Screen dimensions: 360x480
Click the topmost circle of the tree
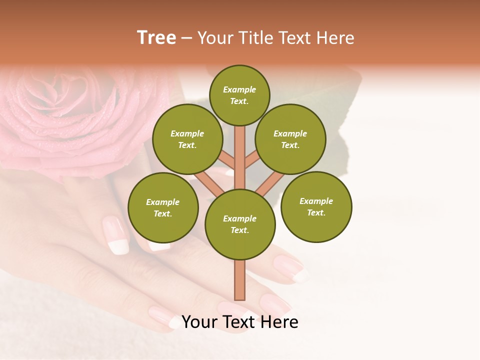coord(239,95)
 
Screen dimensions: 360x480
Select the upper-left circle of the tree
coord(187,139)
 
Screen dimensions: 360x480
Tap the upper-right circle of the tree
coord(290,139)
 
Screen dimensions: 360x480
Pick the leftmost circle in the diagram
coord(163,207)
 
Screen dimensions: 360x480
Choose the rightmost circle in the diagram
coord(316,206)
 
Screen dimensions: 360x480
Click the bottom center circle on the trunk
coord(240,224)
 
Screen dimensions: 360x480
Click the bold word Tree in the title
coord(156,37)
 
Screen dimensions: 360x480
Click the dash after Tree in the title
coord(187,38)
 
